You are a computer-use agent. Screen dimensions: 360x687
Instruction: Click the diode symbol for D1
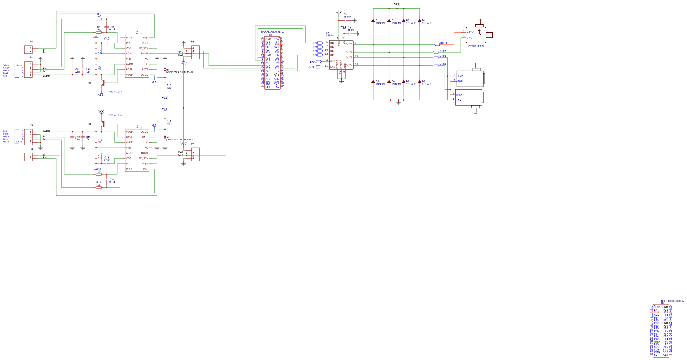click(373, 20)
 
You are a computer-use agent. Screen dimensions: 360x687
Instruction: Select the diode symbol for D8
click(420, 82)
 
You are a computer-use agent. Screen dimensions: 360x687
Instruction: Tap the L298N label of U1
click(330, 36)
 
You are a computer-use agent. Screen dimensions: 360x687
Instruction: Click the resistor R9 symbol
click(99, 19)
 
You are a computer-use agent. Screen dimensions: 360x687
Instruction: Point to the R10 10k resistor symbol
click(165, 85)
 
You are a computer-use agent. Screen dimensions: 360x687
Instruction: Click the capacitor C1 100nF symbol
click(346, 20)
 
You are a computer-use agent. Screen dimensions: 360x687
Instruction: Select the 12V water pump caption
click(475, 46)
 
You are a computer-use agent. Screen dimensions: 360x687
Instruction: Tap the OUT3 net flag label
click(442, 57)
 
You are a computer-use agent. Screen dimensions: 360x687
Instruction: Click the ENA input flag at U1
click(319, 62)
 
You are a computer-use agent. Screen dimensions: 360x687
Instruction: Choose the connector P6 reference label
click(193, 42)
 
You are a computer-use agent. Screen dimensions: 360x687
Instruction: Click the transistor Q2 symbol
click(103, 83)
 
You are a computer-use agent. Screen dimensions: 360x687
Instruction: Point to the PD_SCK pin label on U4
click(143, 48)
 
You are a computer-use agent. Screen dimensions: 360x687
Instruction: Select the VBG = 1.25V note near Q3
click(115, 115)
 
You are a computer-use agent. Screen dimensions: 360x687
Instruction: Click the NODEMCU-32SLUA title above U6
click(272, 33)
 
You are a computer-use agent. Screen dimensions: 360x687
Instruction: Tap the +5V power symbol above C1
click(339, 12)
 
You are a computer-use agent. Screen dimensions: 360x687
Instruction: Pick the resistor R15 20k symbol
click(96, 140)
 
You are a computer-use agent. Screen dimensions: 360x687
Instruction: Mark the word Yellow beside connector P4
click(6, 65)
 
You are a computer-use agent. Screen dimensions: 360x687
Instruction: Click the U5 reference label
click(663, 303)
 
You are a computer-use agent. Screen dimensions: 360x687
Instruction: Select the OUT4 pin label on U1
click(349, 66)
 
